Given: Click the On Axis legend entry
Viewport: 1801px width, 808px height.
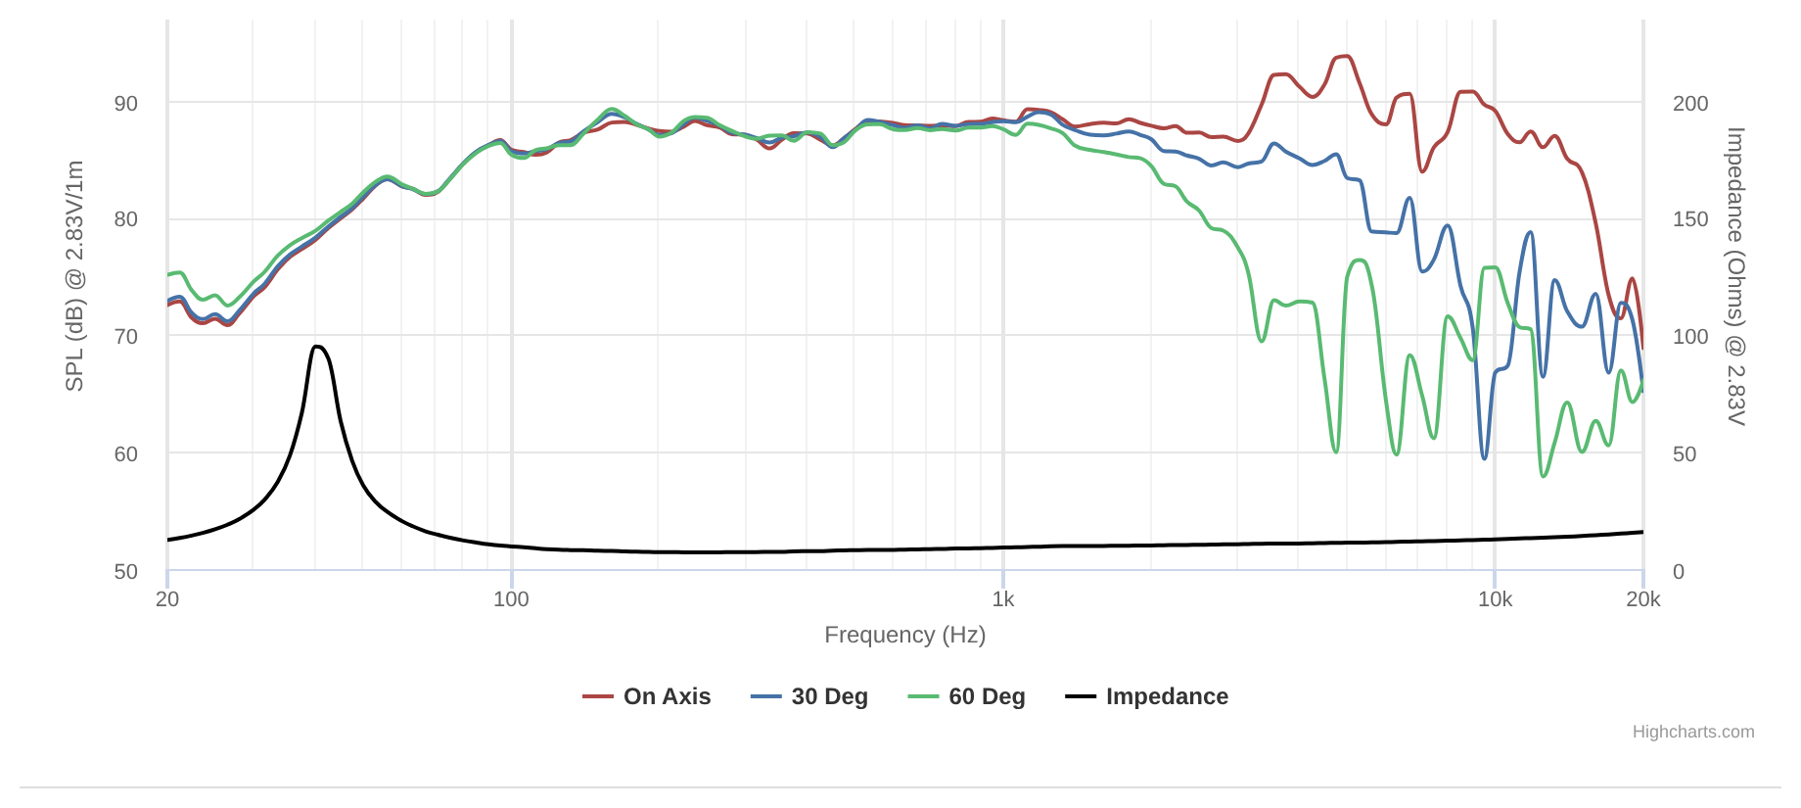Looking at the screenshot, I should coord(647,696).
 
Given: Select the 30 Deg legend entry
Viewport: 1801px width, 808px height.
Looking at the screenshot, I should coord(809,696).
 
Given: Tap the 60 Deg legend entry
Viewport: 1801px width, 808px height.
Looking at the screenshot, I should coord(967,696).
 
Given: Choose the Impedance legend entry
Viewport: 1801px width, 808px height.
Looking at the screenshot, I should coord(1147,696).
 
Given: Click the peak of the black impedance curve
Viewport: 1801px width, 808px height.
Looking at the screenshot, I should coord(317,346).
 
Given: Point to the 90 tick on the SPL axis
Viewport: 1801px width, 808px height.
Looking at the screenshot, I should coord(126,103).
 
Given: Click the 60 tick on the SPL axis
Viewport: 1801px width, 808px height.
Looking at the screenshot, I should coord(126,453).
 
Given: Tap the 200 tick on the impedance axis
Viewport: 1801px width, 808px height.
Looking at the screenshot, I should coord(1690,103).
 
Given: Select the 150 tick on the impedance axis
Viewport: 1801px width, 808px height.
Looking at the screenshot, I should coord(1690,219).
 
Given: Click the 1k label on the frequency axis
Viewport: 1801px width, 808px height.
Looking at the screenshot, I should coord(1003,599).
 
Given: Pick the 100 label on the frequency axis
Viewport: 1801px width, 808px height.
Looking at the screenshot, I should coord(511,599).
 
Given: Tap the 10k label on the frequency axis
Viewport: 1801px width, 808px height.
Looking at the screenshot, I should coord(1495,599).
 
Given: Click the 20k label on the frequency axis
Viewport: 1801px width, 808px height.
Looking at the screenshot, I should coord(1643,599).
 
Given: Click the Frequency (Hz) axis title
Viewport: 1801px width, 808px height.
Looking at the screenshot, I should coord(904,635).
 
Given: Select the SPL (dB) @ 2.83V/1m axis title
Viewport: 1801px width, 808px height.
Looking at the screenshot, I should coord(74,276).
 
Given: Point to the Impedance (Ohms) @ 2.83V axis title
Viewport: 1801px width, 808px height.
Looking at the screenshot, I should coord(1735,276).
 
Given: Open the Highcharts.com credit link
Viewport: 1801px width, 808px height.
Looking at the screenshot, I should coord(1693,732).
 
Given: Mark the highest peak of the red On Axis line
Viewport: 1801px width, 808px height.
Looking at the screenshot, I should coord(1347,56).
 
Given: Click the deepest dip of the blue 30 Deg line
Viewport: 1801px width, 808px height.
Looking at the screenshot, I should coord(1485,458).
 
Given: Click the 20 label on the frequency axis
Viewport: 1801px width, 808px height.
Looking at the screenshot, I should coord(167,599).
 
